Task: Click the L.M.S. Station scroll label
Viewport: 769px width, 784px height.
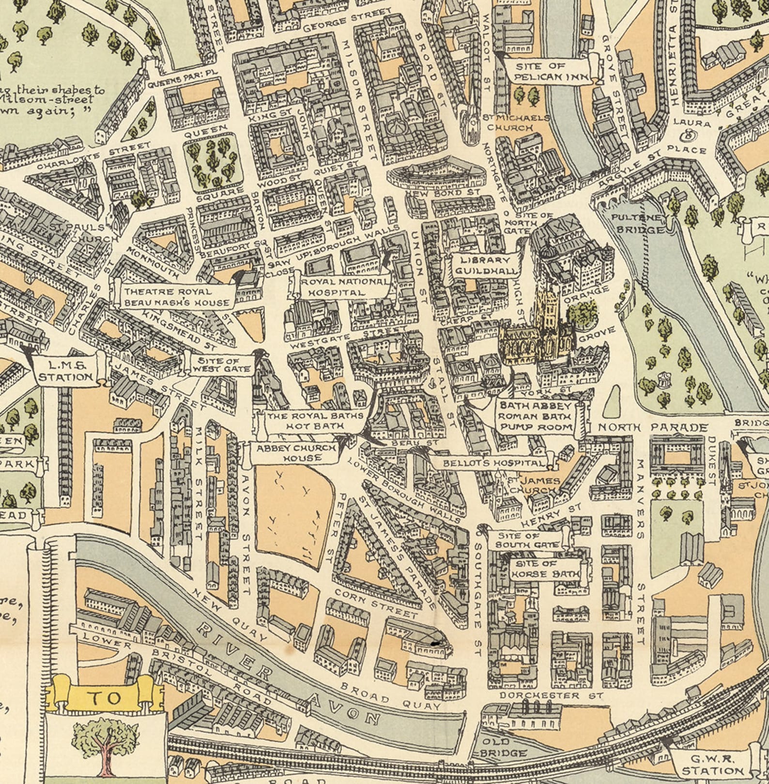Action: [x=65, y=371]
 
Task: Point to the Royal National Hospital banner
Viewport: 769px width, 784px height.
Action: [x=345, y=287]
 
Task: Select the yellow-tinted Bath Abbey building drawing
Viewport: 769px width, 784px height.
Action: [x=538, y=334]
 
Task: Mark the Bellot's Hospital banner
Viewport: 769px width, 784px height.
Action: [x=494, y=463]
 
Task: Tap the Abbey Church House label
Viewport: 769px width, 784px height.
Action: [x=295, y=453]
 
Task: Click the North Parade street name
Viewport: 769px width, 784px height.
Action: [x=652, y=427]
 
